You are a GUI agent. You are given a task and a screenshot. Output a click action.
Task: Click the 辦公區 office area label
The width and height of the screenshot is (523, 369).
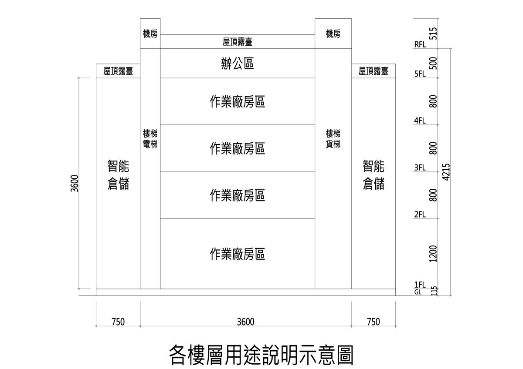[238, 64]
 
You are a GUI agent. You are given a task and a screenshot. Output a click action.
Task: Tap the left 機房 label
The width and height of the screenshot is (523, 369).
[150, 34]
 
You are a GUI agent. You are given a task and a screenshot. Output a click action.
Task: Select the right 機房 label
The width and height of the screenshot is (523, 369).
[333, 34]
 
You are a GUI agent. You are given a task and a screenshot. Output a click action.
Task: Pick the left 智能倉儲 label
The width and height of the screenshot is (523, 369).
[118, 175]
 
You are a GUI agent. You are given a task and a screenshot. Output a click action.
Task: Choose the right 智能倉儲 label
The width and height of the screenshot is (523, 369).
[374, 175]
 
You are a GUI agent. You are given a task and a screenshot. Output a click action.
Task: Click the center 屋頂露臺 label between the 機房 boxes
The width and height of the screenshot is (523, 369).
[238, 42]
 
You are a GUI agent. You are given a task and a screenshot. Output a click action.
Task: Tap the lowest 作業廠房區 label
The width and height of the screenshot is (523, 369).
[238, 254]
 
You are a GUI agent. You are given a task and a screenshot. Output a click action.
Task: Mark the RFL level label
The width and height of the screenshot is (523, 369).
[420, 44]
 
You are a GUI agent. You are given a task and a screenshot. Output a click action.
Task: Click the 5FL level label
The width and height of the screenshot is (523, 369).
[420, 74]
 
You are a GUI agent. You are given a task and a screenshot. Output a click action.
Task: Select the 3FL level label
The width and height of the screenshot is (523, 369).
[420, 168]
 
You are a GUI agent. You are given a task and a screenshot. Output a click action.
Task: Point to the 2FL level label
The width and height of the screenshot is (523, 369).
[420, 215]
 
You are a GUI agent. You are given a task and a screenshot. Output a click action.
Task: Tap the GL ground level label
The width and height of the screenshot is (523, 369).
[418, 292]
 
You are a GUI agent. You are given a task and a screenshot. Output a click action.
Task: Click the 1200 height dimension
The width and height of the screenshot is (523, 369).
[433, 254]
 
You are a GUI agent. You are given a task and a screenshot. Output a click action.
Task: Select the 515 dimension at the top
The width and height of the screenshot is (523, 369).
[433, 33]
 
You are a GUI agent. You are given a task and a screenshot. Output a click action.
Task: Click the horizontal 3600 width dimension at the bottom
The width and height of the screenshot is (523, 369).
[246, 322]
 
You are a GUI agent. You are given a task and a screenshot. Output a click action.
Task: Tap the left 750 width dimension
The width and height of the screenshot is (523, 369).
[118, 322]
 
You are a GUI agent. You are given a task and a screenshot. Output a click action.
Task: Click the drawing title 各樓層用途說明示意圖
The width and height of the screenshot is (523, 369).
[261, 355]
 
